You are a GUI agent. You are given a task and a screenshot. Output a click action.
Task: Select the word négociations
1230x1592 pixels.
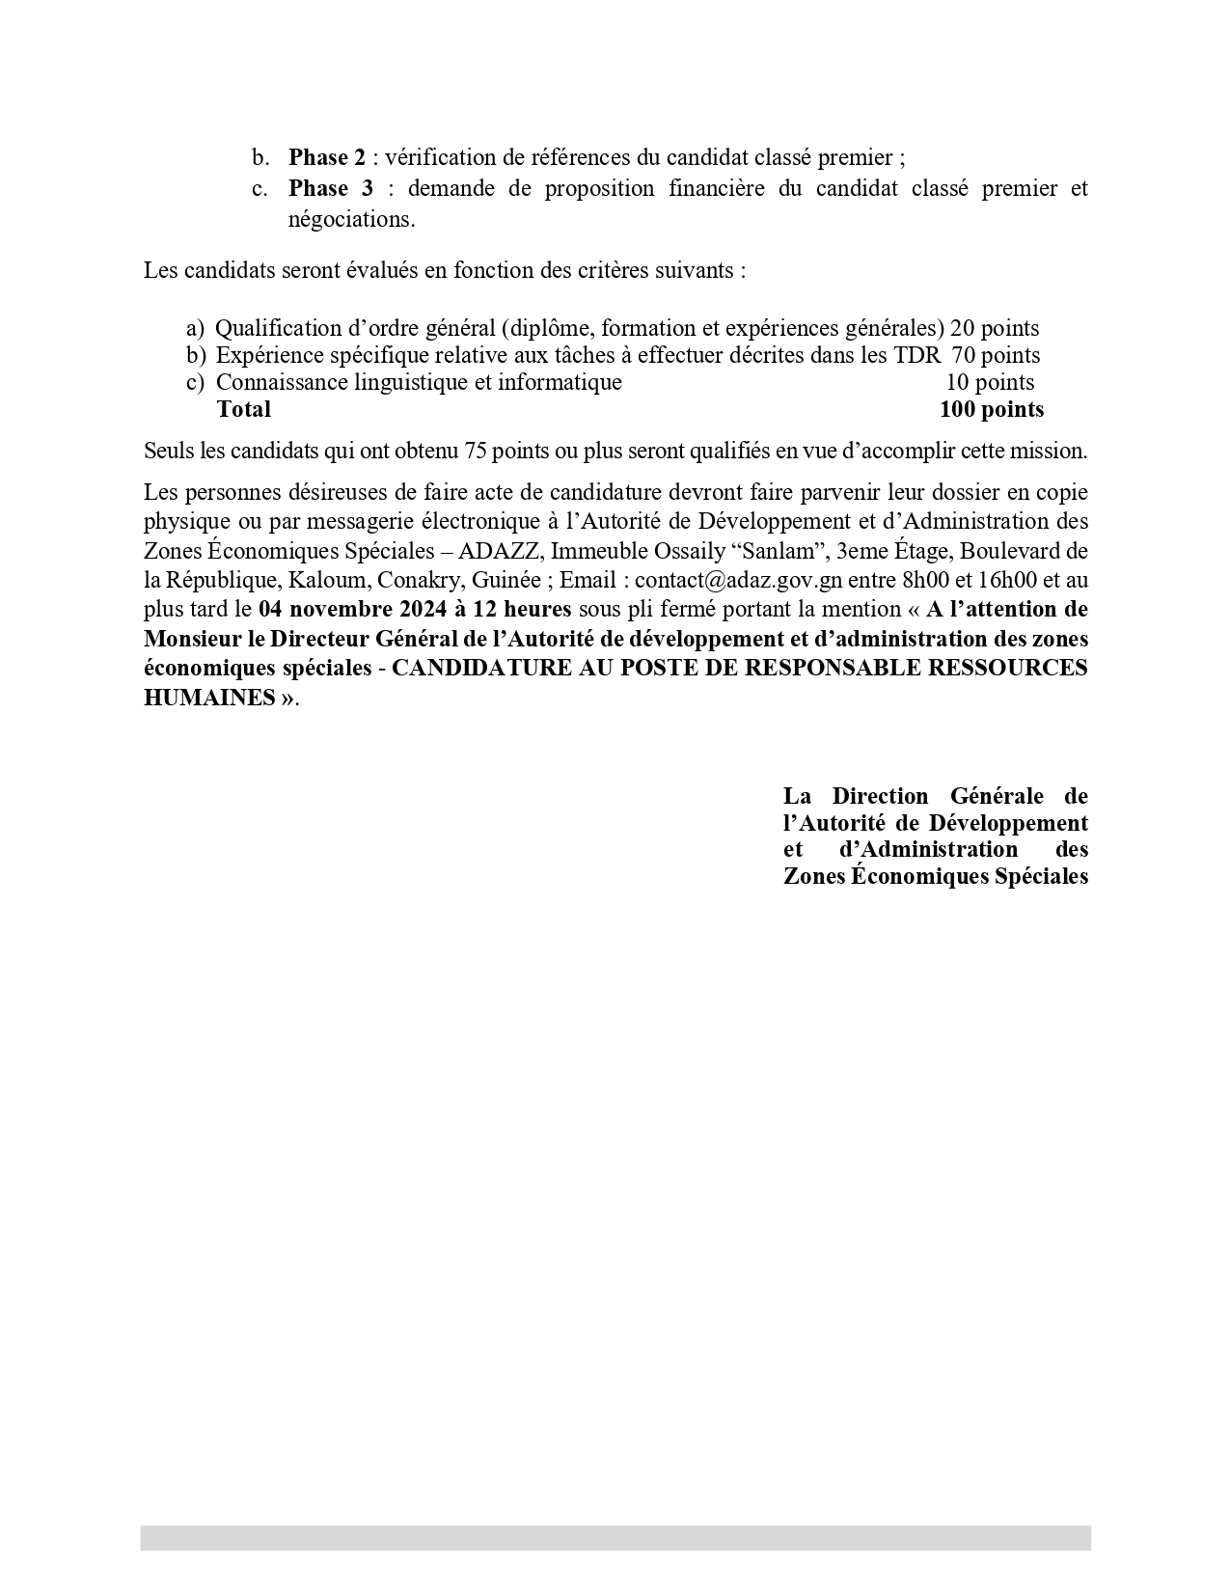pyautogui.click(x=351, y=219)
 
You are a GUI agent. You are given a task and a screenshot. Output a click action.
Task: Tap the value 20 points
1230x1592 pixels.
pyautogui.click(x=995, y=328)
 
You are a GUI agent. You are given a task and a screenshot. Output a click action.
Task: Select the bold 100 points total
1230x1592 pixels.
pyautogui.click(x=992, y=409)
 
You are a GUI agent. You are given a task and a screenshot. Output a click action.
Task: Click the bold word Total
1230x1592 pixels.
pyautogui.click(x=244, y=409)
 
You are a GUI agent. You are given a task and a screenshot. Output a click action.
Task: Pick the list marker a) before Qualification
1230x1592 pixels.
pyautogui.click(x=196, y=328)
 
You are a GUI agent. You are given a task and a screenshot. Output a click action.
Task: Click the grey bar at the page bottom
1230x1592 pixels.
pyautogui.click(x=615, y=1537)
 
